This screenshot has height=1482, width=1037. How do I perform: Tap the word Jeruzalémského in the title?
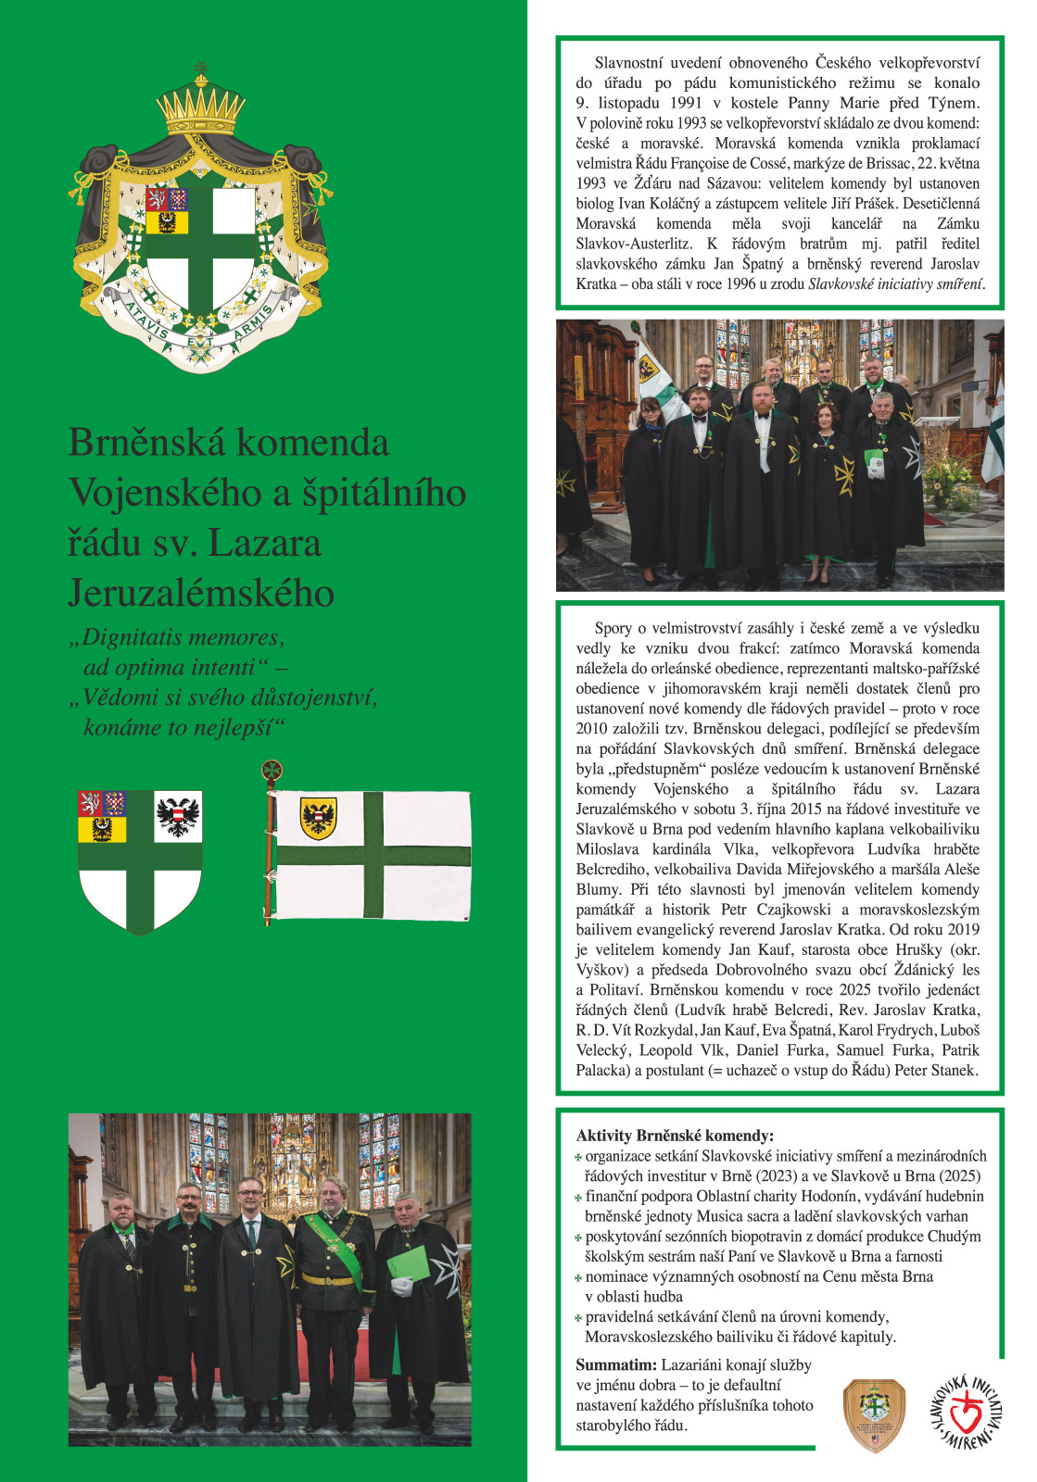click(x=201, y=594)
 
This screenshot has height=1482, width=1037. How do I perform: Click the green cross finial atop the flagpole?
click(x=272, y=770)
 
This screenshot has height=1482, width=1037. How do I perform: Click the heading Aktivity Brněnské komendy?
click(x=675, y=1136)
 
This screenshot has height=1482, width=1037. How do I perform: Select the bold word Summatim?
click(x=616, y=1365)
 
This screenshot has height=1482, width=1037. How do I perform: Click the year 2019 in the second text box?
click(x=961, y=930)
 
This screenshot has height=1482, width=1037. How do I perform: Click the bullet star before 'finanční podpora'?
click(x=578, y=1198)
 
